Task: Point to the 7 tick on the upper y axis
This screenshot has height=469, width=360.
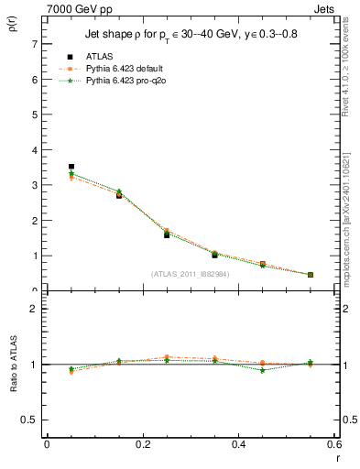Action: pos(36,45)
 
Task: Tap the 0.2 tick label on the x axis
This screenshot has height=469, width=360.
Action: pos(142,445)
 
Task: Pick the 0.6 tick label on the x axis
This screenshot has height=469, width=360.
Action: pos(334,445)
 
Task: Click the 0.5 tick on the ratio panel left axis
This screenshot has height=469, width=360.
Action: pos(30,420)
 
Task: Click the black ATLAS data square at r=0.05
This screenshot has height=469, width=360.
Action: pos(71,167)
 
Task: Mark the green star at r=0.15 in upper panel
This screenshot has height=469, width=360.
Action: pos(119,191)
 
